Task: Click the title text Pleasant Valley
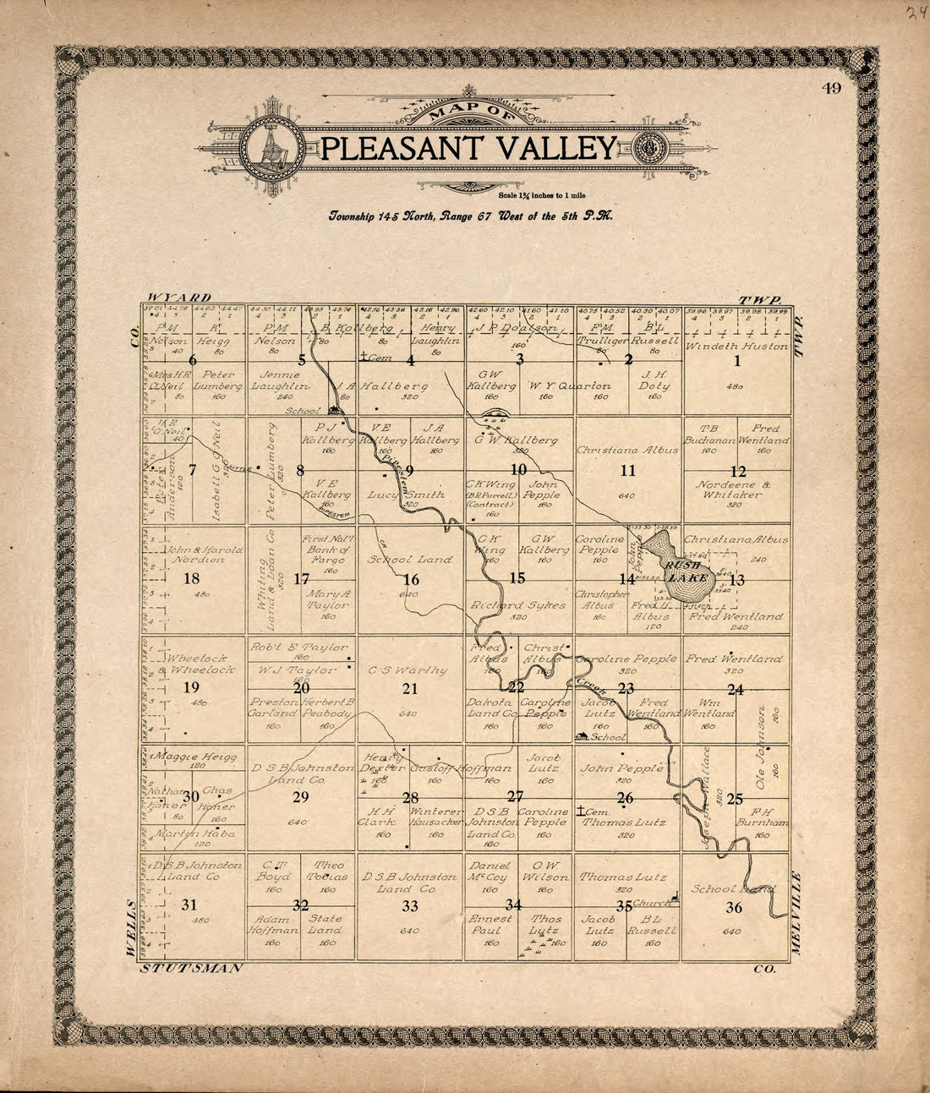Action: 469,148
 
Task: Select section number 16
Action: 411,579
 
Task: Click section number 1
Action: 736,361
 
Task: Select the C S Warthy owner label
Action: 408,670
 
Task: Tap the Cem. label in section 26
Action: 593,810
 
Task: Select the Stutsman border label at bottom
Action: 192,966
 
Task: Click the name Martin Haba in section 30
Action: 194,833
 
